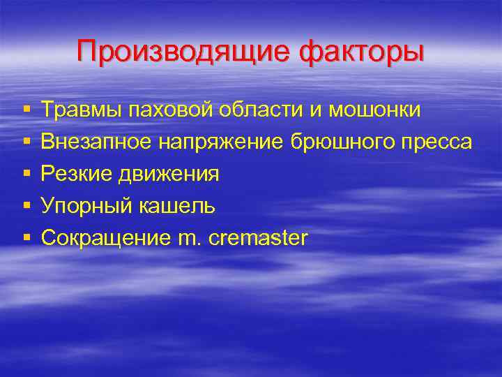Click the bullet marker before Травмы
coord(26,110)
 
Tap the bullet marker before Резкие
coord(26,175)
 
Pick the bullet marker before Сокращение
coord(26,239)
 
